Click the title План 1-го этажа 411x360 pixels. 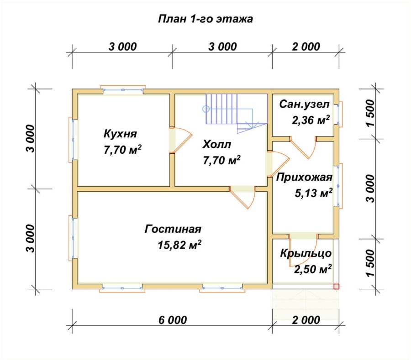click(205, 20)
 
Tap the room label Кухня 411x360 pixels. click(121, 134)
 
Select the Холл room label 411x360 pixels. click(217, 145)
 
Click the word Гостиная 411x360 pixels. click(173, 229)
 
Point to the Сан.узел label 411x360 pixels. click(304, 104)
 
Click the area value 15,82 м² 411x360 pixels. click(179, 245)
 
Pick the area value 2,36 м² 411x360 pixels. click(311, 120)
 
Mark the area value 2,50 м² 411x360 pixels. click(312, 269)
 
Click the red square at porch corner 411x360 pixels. click(337, 287)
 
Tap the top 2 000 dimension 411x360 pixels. click(305, 47)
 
